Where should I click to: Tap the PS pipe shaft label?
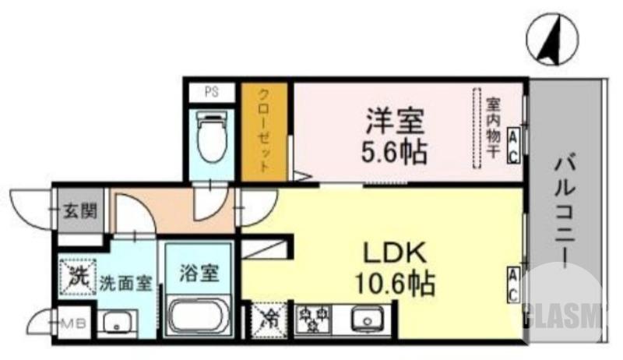pos(210,91)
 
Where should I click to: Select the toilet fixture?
pos(210,136)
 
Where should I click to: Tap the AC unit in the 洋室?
pos(514,146)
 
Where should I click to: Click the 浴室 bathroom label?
pos(199,274)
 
